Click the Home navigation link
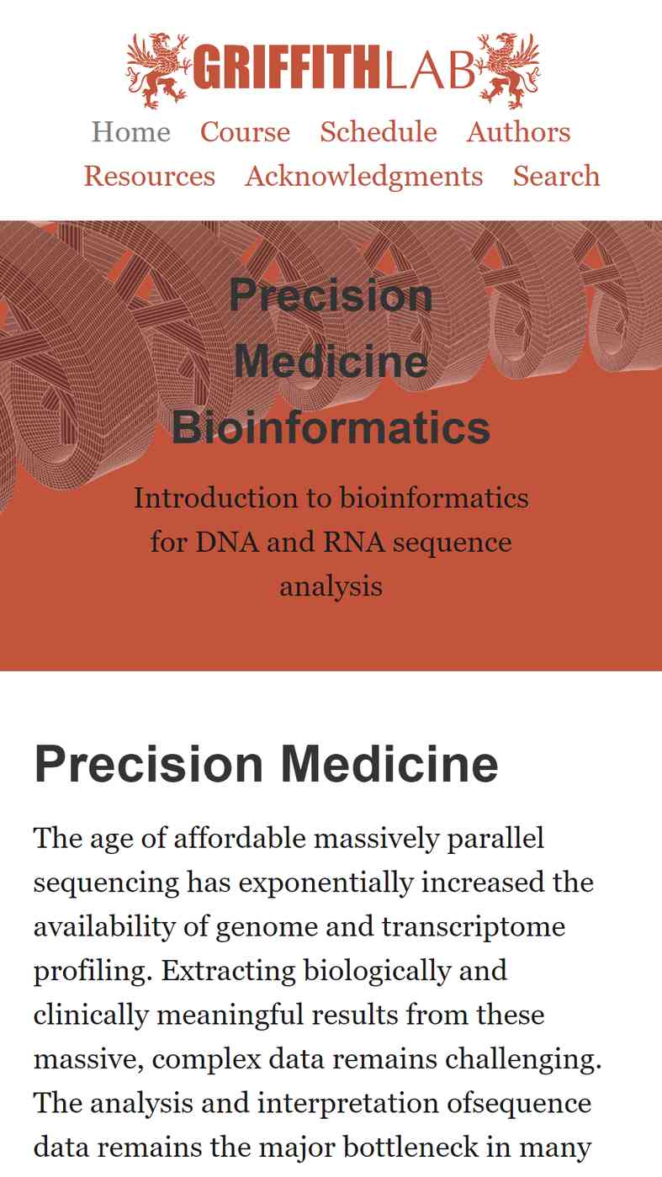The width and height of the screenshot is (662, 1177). [131, 131]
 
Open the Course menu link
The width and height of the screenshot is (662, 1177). [245, 131]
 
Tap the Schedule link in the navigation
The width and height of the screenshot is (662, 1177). [379, 131]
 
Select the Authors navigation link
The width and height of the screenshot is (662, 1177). [518, 131]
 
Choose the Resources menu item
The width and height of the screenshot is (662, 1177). [149, 176]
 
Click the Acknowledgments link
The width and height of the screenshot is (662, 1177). [364, 177]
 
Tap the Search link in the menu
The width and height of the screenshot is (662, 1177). [556, 176]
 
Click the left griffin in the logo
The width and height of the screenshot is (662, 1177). [158, 71]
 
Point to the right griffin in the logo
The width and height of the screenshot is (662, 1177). [509, 71]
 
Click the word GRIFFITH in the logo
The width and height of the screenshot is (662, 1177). [286, 67]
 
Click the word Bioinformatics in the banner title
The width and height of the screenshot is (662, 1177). [331, 427]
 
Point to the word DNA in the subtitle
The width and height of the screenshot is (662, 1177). [227, 542]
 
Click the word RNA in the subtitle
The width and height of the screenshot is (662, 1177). [354, 542]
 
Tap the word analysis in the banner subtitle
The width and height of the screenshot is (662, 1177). [331, 587]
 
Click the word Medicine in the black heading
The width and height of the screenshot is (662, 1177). [389, 764]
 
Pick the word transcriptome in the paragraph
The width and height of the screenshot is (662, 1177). [474, 927]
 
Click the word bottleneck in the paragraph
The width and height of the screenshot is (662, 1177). [410, 1147]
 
